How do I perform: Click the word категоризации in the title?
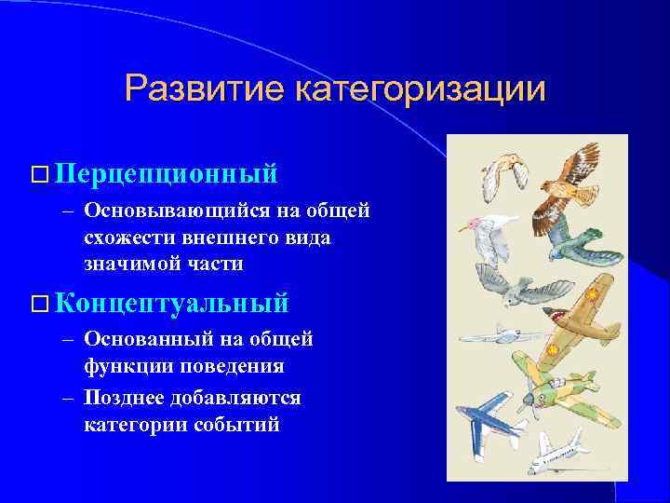[x=419, y=90]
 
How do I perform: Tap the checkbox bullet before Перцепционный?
[x=38, y=174]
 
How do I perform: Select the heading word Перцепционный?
[x=167, y=173]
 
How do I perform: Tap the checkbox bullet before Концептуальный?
[x=38, y=304]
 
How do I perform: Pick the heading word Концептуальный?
[x=172, y=303]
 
